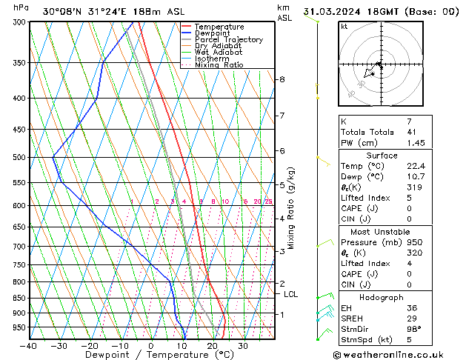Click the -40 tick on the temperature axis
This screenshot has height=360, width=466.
29,346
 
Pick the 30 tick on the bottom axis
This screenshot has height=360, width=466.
242,346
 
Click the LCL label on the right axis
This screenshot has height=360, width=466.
291,294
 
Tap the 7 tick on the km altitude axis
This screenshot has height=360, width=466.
282,116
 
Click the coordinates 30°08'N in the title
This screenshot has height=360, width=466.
62,12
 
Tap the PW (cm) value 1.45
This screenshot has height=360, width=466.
413,142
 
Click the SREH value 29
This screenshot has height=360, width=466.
411,318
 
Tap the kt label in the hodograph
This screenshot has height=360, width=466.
344,27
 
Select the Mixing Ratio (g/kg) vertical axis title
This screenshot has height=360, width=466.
291,207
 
